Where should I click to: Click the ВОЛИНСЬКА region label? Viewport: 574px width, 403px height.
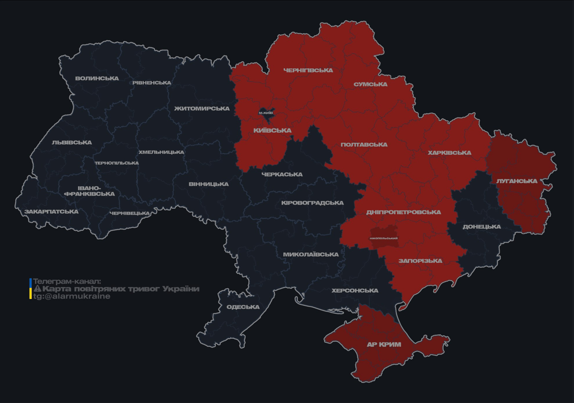[97, 79]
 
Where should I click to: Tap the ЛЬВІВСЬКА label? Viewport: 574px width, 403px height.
[72, 143]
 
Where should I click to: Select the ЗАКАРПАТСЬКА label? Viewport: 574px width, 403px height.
[51, 212]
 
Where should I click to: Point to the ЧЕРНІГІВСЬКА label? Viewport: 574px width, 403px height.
[308, 70]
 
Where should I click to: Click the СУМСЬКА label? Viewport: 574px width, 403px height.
[370, 84]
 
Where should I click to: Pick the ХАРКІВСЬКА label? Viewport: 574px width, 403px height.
[449, 153]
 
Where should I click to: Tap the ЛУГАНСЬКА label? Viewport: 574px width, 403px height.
[517, 181]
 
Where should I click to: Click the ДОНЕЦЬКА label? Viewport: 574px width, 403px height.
[482, 227]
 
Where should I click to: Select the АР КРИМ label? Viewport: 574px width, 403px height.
[384, 345]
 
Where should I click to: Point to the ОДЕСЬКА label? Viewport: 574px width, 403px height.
[243, 307]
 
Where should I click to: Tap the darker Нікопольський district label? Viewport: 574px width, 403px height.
[384, 238]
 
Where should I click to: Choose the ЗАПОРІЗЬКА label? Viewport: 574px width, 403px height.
[420, 261]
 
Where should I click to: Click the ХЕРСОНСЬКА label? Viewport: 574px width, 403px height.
[355, 291]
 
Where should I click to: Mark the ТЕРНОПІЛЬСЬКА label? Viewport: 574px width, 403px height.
[116, 163]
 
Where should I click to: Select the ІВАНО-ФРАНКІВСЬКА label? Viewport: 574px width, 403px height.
[89, 191]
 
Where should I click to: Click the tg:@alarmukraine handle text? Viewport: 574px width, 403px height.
[72, 296]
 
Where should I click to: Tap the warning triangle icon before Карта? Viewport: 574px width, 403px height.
[37, 289]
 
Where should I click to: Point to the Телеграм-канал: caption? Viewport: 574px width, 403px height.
[67, 282]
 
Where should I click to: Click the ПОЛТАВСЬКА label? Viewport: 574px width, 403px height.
[364, 145]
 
